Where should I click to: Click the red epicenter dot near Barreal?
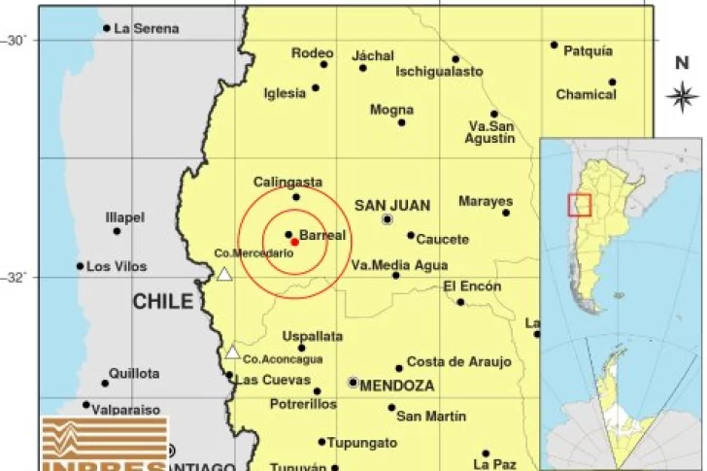click(294, 242)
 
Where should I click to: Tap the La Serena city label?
click(146, 28)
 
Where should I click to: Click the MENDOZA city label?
click(396, 386)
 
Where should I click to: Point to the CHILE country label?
click(163, 302)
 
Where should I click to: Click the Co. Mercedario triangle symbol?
click(224, 275)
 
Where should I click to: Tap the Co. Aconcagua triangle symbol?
click(232, 353)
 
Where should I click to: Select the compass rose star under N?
click(683, 95)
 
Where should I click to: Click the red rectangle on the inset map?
click(579, 204)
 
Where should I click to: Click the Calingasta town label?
click(287, 182)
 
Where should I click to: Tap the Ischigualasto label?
click(439, 71)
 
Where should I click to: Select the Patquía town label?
click(588, 50)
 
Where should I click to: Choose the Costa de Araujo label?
click(458, 361)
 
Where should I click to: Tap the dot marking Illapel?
click(117, 231)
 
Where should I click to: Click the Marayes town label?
click(485, 202)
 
